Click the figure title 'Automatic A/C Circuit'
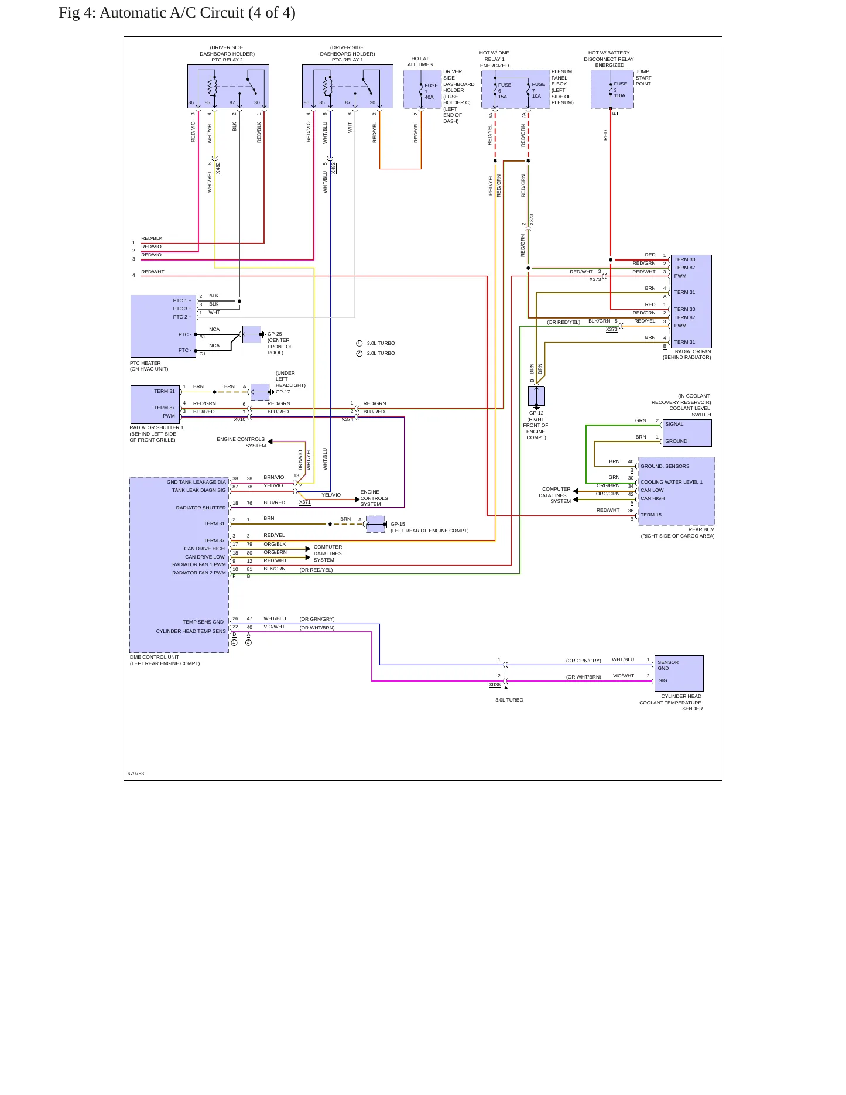tap(172, 13)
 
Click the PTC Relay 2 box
tap(228, 86)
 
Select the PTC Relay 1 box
tap(348, 86)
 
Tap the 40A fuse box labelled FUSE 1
tap(422, 89)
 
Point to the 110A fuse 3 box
tap(612, 89)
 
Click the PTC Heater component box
tap(163, 326)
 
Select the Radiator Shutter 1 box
tap(155, 404)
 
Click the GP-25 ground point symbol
tap(252, 334)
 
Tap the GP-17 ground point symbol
tap(261, 392)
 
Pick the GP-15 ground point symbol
tap(376, 524)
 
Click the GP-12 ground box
tap(536, 396)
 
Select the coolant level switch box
tap(687, 433)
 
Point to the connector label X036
tap(495, 685)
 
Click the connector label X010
tap(240, 420)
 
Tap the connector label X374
tap(348, 420)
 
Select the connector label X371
tap(305, 502)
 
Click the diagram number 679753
tap(136, 774)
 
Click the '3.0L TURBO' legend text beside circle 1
tap(381, 343)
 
